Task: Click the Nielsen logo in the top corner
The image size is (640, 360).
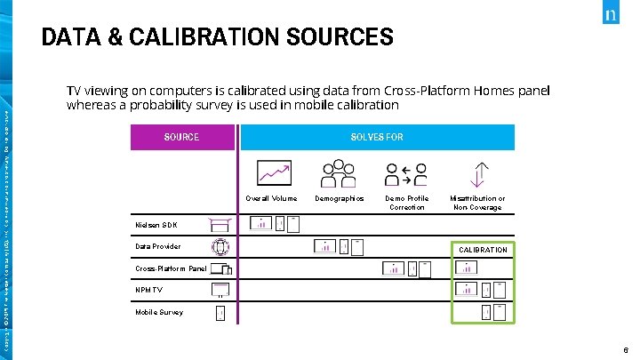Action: (611, 16)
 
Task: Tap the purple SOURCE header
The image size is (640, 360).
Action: (181, 137)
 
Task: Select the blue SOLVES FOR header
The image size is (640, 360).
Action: (377, 137)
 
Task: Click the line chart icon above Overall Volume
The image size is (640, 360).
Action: (273, 172)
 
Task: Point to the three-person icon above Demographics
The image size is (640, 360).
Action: (338, 172)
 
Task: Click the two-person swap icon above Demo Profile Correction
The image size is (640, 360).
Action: (404, 172)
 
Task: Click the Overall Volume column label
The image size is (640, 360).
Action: (271, 198)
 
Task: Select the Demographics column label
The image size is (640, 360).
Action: (340, 198)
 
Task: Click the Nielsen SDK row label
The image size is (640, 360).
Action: (156, 225)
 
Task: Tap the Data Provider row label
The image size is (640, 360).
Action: (158, 246)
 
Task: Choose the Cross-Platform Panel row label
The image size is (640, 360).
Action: (171, 268)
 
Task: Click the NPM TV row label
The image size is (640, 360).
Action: (149, 290)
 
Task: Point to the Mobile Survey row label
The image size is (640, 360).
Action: (159, 312)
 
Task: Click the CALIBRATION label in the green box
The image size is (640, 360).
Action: (483, 250)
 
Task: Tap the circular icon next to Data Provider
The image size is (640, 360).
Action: (220, 247)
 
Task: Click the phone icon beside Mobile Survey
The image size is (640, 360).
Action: (220, 313)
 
